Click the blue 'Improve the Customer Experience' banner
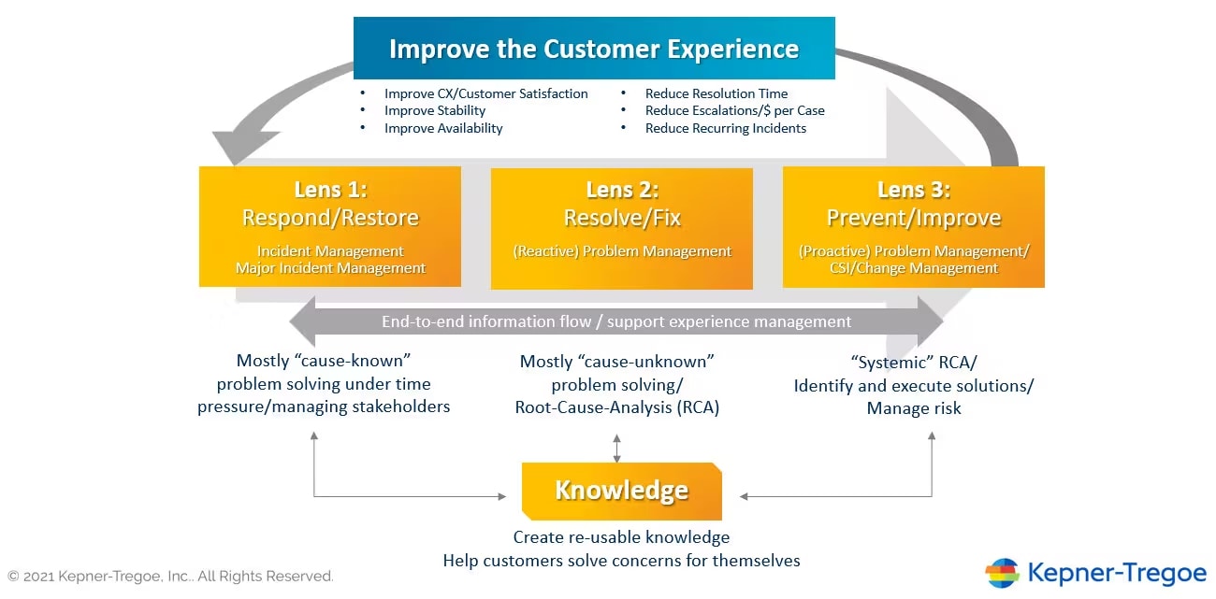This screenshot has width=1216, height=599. click(x=594, y=49)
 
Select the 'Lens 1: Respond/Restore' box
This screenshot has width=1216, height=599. click(x=330, y=226)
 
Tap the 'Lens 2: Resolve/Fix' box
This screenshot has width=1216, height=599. click(x=622, y=228)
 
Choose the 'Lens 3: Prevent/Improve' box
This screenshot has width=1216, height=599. click(x=914, y=227)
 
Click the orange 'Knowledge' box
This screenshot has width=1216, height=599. click(x=622, y=491)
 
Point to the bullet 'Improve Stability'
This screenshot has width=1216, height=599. click(x=435, y=110)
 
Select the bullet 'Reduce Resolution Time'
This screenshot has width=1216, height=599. click(x=716, y=93)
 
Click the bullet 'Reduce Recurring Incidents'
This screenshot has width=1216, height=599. click(x=725, y=128)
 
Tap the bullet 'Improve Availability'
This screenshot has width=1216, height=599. click(x=443, y=128)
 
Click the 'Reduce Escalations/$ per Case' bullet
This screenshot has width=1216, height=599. click(x=734, y=110)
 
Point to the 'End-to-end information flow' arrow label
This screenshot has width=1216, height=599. click(x=616, y=321)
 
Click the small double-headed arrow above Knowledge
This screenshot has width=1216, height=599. click(x=616, y=449)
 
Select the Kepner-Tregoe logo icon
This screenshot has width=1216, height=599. click(x=1002, y=573)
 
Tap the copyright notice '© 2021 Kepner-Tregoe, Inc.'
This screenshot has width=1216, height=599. click(x=170, y=576)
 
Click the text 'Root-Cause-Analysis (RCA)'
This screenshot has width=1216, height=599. click(x=617, y=407)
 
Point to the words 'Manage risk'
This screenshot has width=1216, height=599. click(x=914, y=408)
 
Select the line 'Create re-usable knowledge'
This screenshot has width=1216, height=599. click(x=621, y=537)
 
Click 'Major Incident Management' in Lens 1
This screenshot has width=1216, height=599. click(x=330, y=268)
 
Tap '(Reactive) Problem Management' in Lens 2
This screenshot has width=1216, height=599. click(x=622, y=251)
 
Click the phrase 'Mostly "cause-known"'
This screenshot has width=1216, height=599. click(x=324, y=361)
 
